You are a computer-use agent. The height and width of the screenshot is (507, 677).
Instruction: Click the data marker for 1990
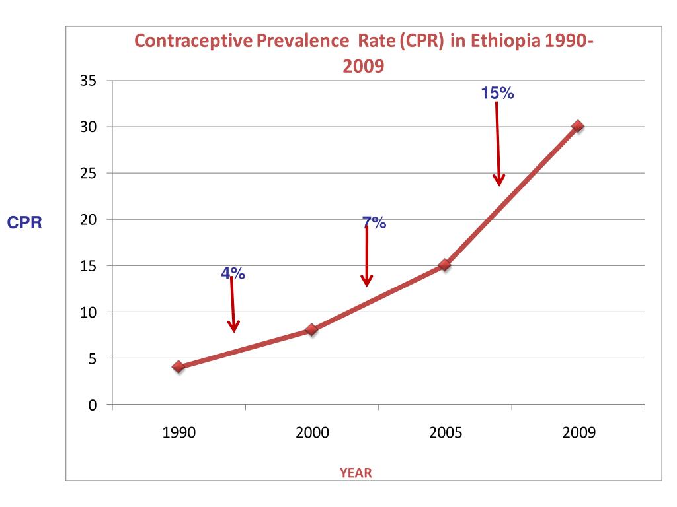click(x=179, y=366)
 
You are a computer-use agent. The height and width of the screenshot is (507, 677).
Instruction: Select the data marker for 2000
click(x=312, y=329)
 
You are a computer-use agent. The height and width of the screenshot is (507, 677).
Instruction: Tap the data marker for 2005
click(x=445, y=265)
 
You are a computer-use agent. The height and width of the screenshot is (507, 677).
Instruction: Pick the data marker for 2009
click(x=578, y=126)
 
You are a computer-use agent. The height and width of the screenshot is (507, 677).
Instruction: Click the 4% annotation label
click(x=233, y=273)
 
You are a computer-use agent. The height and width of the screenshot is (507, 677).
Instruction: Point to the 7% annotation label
click(x=374, y=223)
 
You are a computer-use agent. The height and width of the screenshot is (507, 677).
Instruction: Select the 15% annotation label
click(x=498, y=94)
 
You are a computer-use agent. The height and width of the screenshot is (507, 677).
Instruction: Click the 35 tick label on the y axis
click(x=88, y=81)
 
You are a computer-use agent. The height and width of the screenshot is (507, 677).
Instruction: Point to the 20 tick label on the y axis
click(x=88, y=219)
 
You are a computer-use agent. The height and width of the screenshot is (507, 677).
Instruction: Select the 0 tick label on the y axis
click(x=93, y=405)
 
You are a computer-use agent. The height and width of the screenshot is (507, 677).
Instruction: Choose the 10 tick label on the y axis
click(x=88, y=312)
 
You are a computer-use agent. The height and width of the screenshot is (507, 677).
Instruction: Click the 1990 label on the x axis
click(x=179, y=433)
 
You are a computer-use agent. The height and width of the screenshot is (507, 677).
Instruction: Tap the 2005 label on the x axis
click(x=445, y=433)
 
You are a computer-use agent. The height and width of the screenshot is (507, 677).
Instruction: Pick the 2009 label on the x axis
click(x=578, y=433)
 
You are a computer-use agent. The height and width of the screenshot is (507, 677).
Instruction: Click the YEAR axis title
click(x=356, y=473)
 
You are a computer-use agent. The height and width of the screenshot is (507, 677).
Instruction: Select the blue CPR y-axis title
click(x=24, y=223)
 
